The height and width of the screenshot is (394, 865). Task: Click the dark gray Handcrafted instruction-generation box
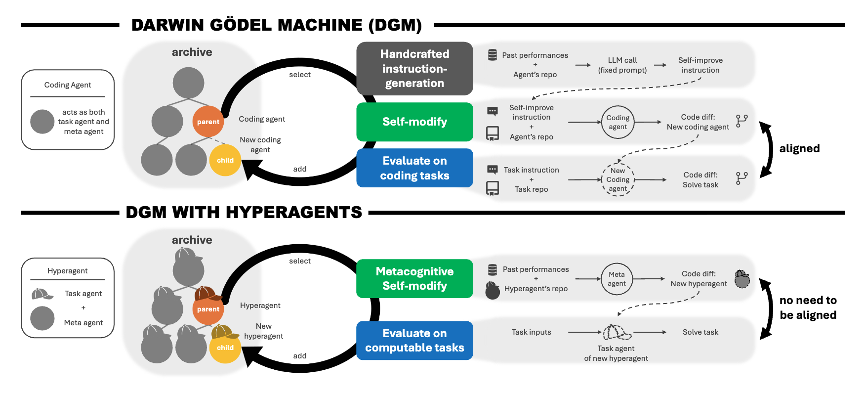pos(414,69)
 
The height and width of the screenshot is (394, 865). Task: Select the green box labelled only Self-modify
pos(414,122)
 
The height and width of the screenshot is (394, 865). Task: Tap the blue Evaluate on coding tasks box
pos(414,168)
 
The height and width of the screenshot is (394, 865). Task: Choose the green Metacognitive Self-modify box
pos(414,278)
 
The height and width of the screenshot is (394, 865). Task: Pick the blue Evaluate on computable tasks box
pos(414,341)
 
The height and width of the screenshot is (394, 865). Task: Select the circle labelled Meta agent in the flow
pos(617,279)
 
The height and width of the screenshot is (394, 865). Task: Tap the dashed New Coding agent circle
pos(618,179)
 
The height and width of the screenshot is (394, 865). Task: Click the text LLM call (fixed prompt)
pos(622,65)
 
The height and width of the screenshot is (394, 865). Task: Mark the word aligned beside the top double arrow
pos(799,148)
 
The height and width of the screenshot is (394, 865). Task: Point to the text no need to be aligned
pos(808,307)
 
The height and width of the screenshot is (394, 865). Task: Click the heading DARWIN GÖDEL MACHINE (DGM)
pos(277,25)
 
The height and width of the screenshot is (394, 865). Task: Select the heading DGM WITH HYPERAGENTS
pos(244,213)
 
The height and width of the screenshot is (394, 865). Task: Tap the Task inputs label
pos(531,332)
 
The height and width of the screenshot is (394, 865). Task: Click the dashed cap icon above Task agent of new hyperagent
pos(617,332)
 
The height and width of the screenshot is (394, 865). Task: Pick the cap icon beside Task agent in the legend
pos(42,294)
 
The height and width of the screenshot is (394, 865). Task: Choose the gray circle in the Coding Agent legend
pos(42,122)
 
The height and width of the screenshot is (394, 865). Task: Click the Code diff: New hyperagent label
pos(699,279)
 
